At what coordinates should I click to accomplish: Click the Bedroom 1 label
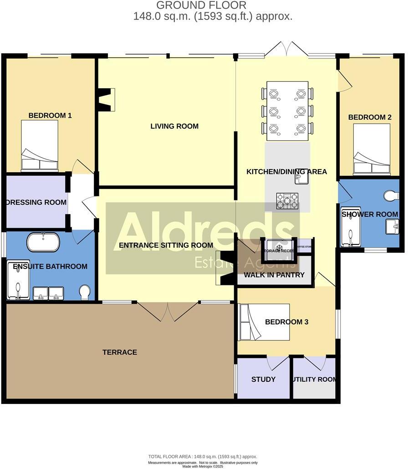click(x=50, y=115)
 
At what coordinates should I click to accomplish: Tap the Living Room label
click(x=174, y=126)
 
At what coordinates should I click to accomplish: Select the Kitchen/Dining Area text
click(x=286, y=171)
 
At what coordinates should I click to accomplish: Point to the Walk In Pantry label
click(x=274, y=275)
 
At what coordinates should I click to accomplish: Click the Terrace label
click(x=119, y=352)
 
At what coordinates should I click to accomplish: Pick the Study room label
click(x=263, y=379)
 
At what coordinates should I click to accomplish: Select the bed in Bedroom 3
click(x=264, y=322)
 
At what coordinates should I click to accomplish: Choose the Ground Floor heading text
click(x=201, y=5)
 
